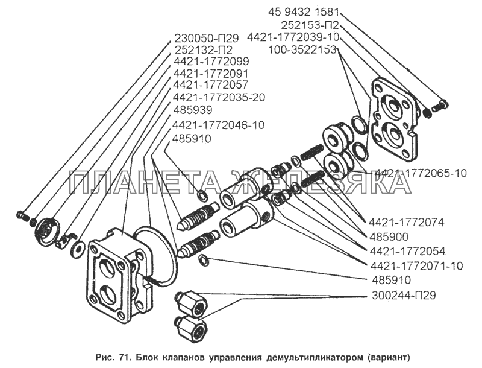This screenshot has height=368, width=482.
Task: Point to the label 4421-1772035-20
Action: [219, 97]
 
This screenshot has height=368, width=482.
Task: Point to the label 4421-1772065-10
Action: [421, 174]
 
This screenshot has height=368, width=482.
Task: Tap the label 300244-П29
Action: [400, 296]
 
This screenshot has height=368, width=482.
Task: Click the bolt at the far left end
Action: [22, 215]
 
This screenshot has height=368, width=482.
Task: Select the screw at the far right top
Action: [440, 104]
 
